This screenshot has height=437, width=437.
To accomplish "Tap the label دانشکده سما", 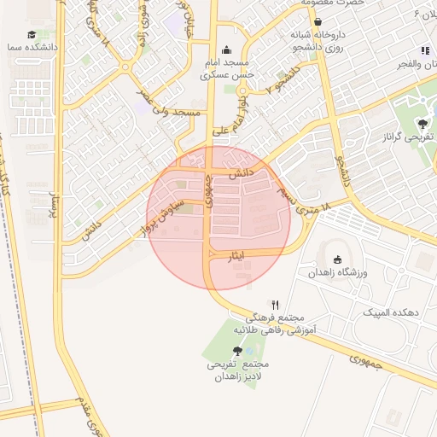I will pos(32,50).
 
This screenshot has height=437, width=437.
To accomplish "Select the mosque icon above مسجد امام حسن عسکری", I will pos(226,50).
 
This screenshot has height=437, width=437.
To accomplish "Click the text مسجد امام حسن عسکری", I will pos(226,70).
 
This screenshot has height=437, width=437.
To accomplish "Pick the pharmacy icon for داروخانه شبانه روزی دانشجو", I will pos(318,21).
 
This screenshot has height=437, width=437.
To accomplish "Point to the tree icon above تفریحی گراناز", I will pos(424,123).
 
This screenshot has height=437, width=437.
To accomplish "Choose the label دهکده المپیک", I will pos(387,312).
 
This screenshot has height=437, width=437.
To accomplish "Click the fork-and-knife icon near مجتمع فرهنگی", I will pos(275,304).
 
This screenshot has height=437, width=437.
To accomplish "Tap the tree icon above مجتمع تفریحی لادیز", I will pos(237,350).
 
